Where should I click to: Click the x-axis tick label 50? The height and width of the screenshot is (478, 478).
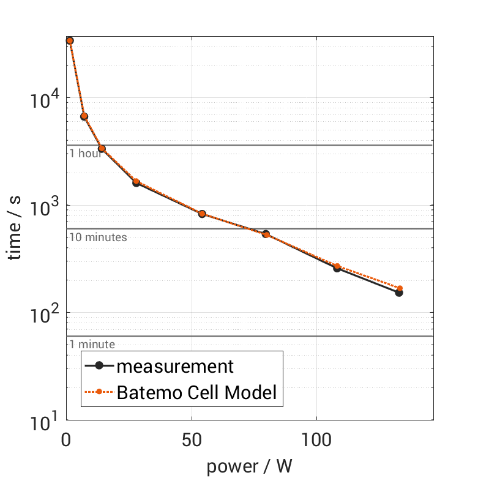tap(192, 439)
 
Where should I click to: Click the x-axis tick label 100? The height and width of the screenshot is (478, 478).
tap(316, 439)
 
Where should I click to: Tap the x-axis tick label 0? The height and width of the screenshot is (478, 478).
tap(67, 439)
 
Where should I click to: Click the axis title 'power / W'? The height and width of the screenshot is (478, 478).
tap(249, 466)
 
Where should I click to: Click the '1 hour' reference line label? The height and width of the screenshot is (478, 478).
tap(85, 153)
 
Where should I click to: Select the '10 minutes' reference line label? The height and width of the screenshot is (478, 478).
tap(98, 237)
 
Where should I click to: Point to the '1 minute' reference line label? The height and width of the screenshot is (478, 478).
tap(92, 345)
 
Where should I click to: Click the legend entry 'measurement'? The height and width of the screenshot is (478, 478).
tap(175, 367)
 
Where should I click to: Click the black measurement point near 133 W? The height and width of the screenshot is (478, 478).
tap(399, 293)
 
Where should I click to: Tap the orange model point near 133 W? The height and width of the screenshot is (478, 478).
tap(400, 288)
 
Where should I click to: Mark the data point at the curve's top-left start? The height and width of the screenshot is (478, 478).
tap(70, 40)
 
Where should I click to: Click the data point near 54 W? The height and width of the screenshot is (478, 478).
tap(202, 214)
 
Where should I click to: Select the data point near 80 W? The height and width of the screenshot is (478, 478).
tap(266, 234)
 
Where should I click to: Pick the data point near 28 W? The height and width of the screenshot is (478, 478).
tap(136, 182)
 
